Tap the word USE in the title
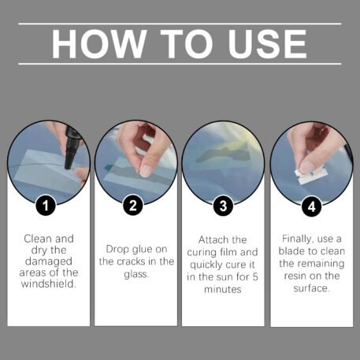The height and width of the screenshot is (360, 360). coord(267,43)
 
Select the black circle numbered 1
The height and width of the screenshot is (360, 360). coord(46,206)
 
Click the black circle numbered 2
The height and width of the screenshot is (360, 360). coord(133,206)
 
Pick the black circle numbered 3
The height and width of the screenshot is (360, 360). coord(223,206)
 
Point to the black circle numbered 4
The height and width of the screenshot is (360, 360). coord(312,206)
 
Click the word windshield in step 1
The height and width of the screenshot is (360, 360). coord(49,284)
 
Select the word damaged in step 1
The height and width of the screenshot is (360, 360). coord(49,262)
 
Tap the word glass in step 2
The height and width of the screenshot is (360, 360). coord(136,274)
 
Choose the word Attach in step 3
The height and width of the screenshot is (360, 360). coord(213,239)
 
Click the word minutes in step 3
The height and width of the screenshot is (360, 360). coord(223,289)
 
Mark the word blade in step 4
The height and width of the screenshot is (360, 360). coord(292,251)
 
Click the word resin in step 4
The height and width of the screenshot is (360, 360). coord(295,276)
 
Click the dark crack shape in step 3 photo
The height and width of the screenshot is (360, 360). coord(224,154)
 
